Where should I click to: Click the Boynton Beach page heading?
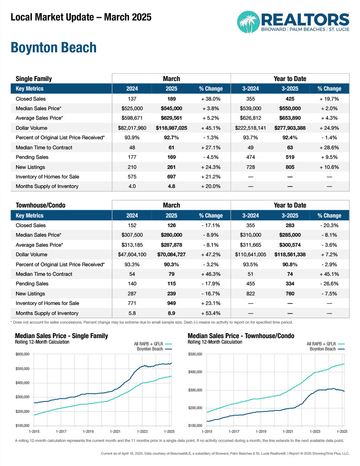point(53,48)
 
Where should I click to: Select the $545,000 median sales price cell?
point(171,109)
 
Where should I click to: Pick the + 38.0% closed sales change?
point(210,99)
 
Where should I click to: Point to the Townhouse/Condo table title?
point(40,205)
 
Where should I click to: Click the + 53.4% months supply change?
point(210,313)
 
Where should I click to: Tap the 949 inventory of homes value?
point(171,303)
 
